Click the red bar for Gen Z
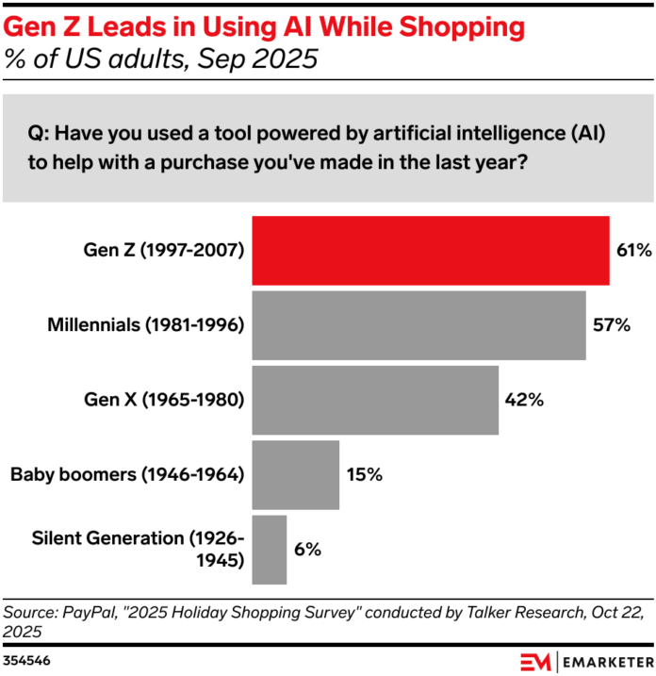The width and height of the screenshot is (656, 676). pyautogui.click(x=430, y=250)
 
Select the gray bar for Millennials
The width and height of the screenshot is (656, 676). pyautogui.click(x=418, y=324)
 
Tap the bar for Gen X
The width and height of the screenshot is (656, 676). pyautogui.click(x=375, y=400)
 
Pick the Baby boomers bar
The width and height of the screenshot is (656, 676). pyautogui.click(x=295, y=474)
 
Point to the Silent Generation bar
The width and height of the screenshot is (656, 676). pyautogui.click(x=270, y=549)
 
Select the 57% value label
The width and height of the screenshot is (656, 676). pyautogui.click(x=610, y=325)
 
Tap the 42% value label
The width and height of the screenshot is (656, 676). pyautogui.click(x=523, y=400)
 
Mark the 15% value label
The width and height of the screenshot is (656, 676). pyautogui.click(x=363, y=474)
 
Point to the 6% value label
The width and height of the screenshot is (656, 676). pyautogui.click(x=307, y=549)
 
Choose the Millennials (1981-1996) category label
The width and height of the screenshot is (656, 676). pyautogui.click(x=146, y=325)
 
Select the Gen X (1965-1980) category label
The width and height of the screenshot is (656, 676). pyautogui.click(x=165, y=400)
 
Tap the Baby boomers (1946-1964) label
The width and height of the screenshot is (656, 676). pyautogui.click(x=128, y=474)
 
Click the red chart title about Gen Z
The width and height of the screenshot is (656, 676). pyautogui.click(x=264, y=27)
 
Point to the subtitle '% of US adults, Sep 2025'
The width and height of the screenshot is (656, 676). pyautogui.click(x=160, y=58)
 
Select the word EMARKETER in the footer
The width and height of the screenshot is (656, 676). pyautogui.click(x=606, y=658)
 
